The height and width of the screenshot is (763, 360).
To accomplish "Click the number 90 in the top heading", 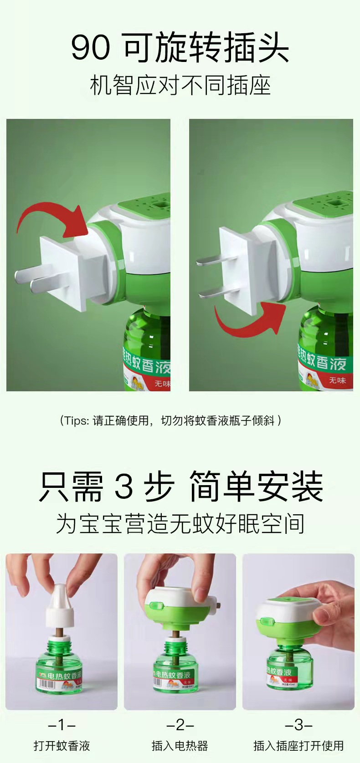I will [90, 48].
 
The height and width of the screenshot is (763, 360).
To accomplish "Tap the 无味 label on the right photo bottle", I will [337, 380].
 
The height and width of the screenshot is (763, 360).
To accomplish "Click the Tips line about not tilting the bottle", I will [170, 420].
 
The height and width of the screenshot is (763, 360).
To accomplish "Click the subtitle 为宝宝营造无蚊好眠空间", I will [180, 523].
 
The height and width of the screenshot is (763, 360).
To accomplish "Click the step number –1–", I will [62, 725].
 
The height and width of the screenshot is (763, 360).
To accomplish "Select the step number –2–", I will [180, 725].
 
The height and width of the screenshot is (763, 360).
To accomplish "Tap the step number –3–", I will [298, 725].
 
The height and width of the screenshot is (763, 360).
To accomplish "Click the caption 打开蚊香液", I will [62, 746].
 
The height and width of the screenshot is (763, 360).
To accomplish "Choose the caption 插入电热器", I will [180, 746].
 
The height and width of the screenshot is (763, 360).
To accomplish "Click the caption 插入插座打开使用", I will [298, 746].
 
